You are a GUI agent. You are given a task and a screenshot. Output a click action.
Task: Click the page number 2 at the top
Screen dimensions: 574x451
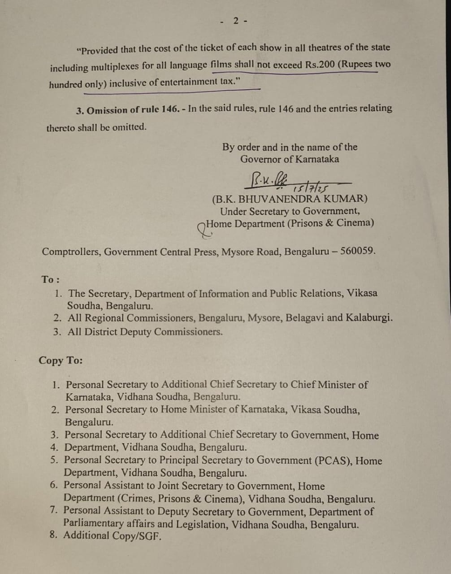pos(236,21)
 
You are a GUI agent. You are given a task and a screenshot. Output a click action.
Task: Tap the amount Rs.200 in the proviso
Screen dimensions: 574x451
pos(320,64)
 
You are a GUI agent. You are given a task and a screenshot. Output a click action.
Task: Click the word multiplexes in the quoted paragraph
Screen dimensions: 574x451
pos(115,67)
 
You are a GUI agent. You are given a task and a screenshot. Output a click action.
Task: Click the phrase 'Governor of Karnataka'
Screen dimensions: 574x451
pos(289,159)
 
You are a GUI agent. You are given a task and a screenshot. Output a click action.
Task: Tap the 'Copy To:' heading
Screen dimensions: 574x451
pos(61,361)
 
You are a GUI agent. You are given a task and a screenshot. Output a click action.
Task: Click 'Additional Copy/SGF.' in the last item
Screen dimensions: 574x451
pos(112,535)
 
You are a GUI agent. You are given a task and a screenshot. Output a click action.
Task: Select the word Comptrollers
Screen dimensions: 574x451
pos(70,252)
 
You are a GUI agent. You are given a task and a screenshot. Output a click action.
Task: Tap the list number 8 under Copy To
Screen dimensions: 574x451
pos(53,535)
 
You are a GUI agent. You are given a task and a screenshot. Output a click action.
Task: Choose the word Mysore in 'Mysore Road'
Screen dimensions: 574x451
pos(236,252)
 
